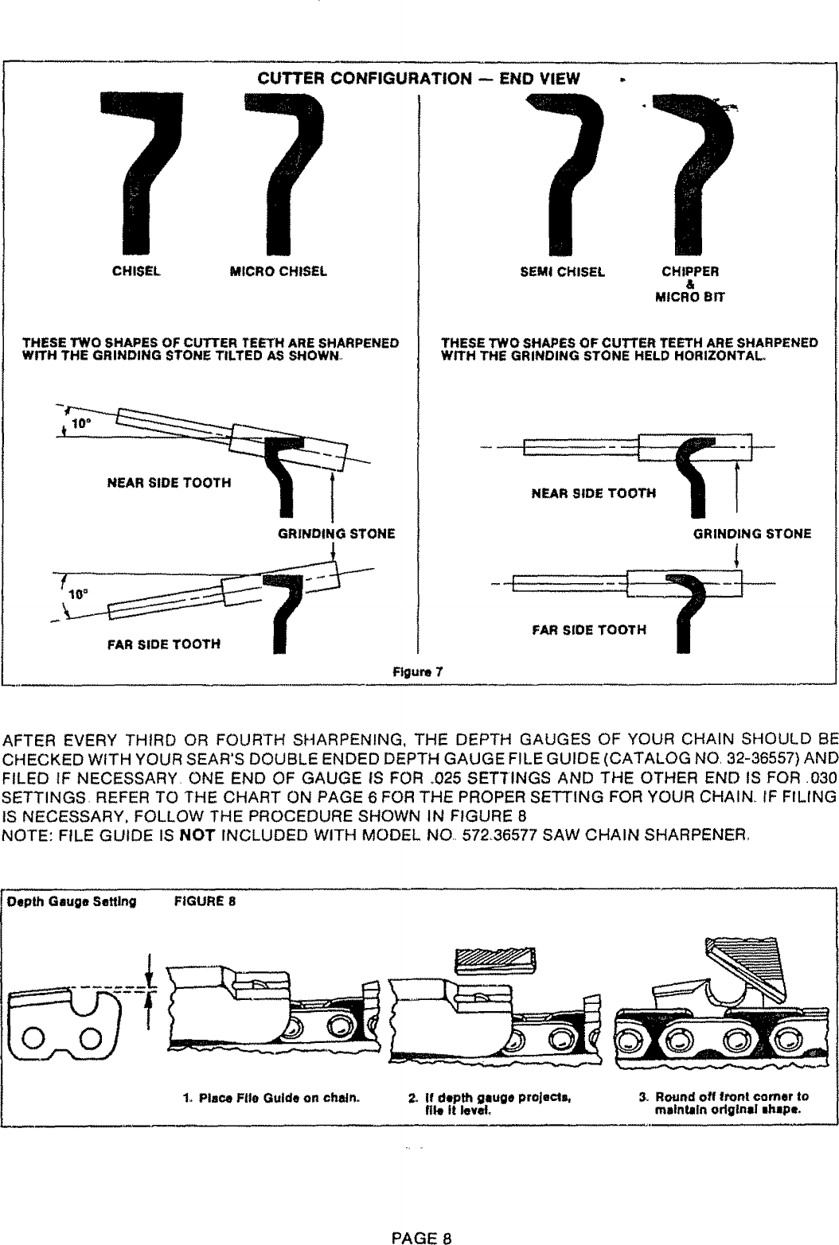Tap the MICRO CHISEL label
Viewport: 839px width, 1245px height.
pyautogui.click(x=279, y=271)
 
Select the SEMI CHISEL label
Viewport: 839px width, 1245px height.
pyautogui.click(x=562, y=271)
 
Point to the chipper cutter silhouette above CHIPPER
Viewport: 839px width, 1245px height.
pyautogui.click(x=693, y=167)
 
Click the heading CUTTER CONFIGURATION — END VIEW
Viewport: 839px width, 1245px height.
pyautogui.click(x=419, y=79)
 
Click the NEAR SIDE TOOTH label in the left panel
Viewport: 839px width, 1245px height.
pyautogui.click(x=169, y=483)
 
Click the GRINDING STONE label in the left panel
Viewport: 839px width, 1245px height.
pyautogui.click(x=336, y=534)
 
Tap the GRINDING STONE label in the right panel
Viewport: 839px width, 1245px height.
pyautogui.click(x=752, y=534)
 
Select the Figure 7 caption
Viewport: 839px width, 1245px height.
pyautogui.click(x=419, y=671)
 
